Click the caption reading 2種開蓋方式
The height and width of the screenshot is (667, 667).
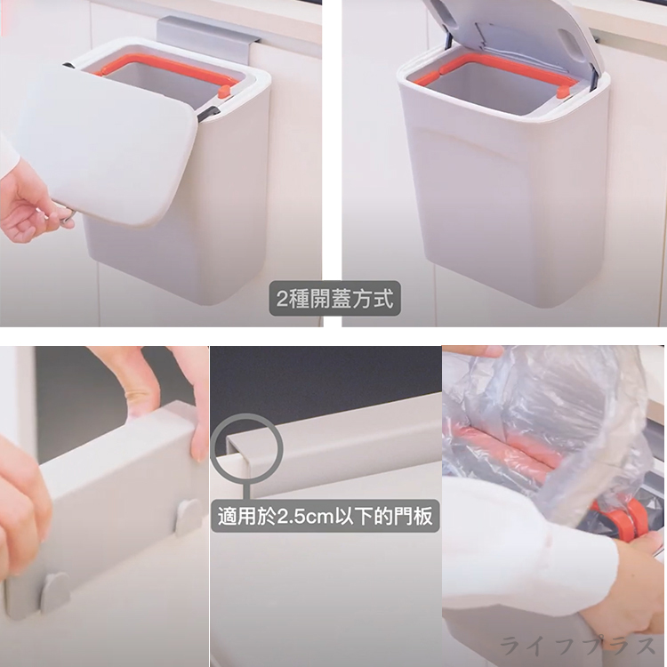coord(334,298)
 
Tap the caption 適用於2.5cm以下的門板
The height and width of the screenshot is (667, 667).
coord(326,515)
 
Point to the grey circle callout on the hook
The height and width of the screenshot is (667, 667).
coord(246,448)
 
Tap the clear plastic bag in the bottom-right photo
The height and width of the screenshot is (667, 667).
coord(542,418)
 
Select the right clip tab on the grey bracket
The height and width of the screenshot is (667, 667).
coord(188,517)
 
